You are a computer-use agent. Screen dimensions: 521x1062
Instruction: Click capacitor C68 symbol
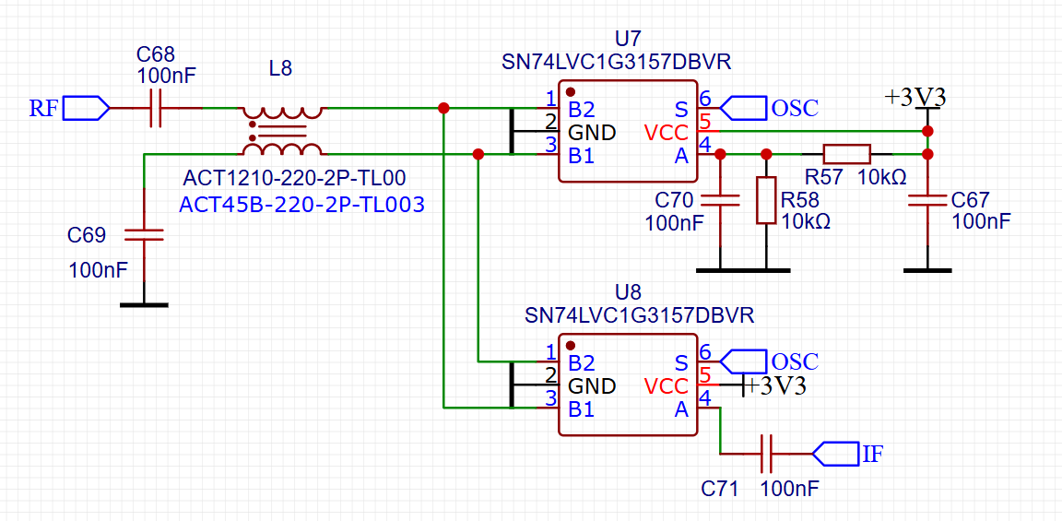pyautogui.click(x=156, y=108)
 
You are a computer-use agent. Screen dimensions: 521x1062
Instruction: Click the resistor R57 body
pyautogui.click(x=846, y=153)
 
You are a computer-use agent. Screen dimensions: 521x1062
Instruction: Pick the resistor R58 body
pyautogui.click(x=766, y=200)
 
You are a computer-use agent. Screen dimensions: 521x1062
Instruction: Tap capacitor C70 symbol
pyautogui.click(x=720, y=200)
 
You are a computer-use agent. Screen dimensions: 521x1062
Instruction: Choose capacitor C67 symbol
pyautogui.click(x=927, y=200)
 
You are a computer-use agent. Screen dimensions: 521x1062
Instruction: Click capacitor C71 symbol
pyautogui.click(x=766, y=454)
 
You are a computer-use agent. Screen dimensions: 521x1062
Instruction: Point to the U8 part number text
pyautogui.click(x=639, y=315)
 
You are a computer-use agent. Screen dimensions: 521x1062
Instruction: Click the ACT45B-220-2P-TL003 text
pyautogui.click(x=302, y=205)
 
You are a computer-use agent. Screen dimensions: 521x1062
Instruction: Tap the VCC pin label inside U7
pyautogui.click(x=666, y=133)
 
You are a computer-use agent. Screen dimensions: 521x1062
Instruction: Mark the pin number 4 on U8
pyautogui.click(x=705, y=398)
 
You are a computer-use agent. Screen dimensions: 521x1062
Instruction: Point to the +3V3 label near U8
pyautogui.click(x=775, y=386)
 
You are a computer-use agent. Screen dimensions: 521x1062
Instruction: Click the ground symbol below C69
pyautogui.click(x=144, y=303)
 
